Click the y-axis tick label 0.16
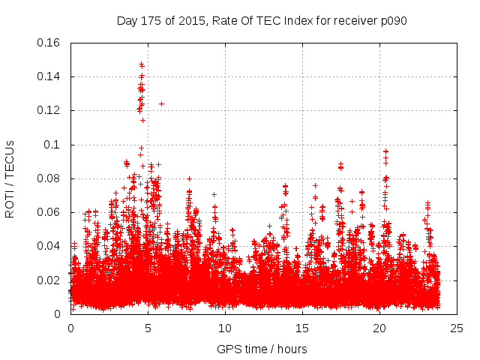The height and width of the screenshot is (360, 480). pyautogui.click(x=50, y=43)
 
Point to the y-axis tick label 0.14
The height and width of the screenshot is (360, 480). pyautogui.click(x=50, y=76)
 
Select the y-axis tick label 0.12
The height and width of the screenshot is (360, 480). pyautogui.click(x=50, y=110)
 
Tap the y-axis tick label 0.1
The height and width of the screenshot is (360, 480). pyautogui.click(x=54, y=145)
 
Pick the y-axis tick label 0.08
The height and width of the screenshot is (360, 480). pyautogui.click(x=50, y=178)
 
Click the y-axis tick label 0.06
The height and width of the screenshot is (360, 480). pyautogui.click(x=50, y=212)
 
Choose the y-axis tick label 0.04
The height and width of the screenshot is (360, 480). pyautogui.click(x=50, y=246)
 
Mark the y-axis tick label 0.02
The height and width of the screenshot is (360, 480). pyautogui.click(x=50, y=280)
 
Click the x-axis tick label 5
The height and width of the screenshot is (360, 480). pyautogui.click(x=148, y=328)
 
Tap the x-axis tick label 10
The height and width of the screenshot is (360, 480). pyautogui.click(x=225, y=328)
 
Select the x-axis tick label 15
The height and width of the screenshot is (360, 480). pyautogui.click(x=302, y=328)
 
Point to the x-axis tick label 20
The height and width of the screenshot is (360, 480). pyautogui.click(x=379, y=328)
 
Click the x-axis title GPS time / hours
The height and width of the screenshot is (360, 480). pyautogui.click(x=262, y=349)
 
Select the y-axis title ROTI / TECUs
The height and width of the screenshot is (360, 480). pyautogui.click(x=10, y=178)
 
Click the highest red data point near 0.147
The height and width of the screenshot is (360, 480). pyautogui.click(x=141, y=64)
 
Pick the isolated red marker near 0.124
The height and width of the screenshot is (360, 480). pyautogui.click(x=161, y=103)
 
